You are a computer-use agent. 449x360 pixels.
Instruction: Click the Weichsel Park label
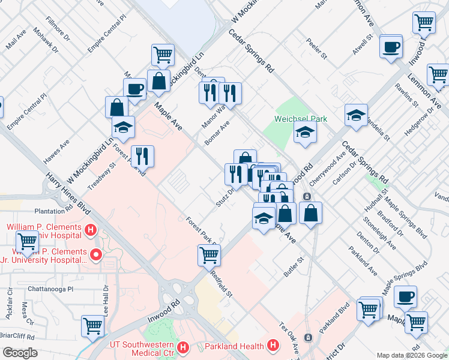(301, 119)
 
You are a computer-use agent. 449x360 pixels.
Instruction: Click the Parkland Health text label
(234, 346)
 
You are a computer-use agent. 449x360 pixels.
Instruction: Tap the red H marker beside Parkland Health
(273, 346)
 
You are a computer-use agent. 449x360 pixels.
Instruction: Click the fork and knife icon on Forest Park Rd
(142, 156)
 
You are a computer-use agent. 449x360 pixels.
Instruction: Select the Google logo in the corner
(20, 352)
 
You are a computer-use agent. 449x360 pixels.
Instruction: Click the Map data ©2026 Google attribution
(411, 355)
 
